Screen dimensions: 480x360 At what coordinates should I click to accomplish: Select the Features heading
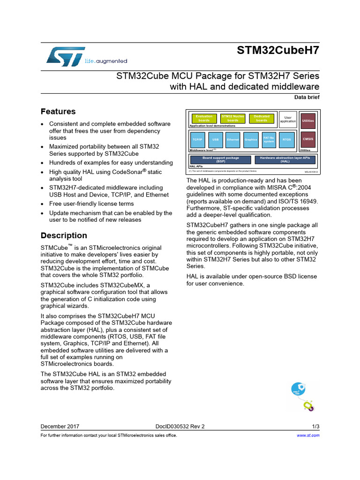[x=58, y=112]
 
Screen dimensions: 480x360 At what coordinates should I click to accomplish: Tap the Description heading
[x=64, y=235]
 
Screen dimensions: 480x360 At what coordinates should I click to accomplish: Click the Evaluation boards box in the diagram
[x=204, y=119]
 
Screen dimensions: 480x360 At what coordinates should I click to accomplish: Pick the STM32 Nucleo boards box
[x=233, y=119]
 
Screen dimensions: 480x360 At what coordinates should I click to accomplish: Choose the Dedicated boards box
[x=262, y=119]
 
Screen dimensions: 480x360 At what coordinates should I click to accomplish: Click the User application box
[x=288, y=120]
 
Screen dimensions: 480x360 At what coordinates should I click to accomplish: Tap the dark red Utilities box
[x=308, y=120]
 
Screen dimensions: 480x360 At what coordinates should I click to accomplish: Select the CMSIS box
[x=308, y=139]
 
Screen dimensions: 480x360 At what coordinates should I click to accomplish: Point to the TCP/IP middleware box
[x=197, y=140]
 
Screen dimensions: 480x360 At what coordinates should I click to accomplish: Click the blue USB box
[x=215, y=140]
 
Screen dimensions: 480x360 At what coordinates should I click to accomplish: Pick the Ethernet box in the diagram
[x=233, y=140]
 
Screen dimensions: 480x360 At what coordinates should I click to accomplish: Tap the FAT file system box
[x=269, y=140]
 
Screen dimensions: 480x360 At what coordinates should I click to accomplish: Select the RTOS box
[x=286, y=140]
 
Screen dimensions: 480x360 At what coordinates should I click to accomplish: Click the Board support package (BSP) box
[x=221, y=159]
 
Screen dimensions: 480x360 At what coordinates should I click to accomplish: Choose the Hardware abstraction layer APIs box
[x=285, y=159]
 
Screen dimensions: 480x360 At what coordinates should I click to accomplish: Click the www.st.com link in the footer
[x=308, y=435]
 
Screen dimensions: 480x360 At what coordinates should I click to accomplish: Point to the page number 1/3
[x=315, y=427]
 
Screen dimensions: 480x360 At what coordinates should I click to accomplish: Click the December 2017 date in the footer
[x=60, y=427]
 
